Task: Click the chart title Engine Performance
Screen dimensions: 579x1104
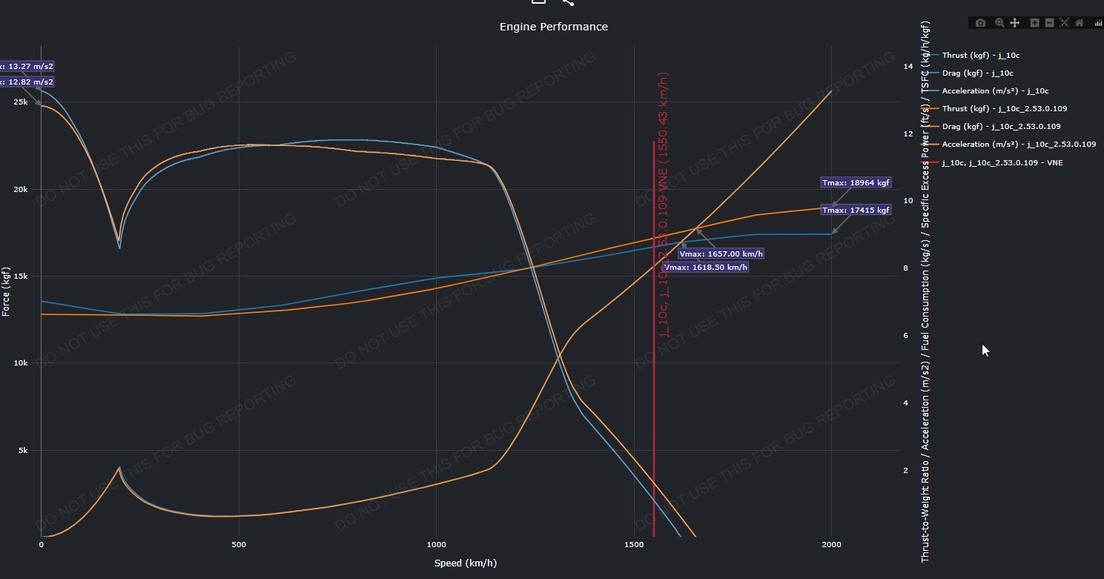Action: coord(553,27)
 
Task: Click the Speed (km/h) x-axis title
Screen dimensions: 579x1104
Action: coord(465,563)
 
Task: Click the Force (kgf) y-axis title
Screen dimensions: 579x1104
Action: coord(7,292)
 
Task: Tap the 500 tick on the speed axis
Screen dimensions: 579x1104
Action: coord(239,545)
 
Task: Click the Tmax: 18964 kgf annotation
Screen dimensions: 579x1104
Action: coord(856,182)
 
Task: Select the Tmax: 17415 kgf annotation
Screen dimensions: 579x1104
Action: coord(856,211)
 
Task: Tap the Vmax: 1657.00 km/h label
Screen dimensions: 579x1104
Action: coord(721,254)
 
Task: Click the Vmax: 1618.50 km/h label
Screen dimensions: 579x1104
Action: coord(705,267)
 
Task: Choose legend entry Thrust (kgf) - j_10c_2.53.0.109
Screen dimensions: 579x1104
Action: coord(1004,109)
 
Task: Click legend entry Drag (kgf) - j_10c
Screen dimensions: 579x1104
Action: coord(977,73)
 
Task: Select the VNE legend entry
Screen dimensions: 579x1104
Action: coord(1002,162)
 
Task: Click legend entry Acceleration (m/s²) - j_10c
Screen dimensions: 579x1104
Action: coord(995,91)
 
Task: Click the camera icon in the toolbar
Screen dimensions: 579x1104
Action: coord(981,23)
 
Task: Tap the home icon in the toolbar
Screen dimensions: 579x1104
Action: coord(1080,23)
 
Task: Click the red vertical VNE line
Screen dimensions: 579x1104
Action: coord(653,408)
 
